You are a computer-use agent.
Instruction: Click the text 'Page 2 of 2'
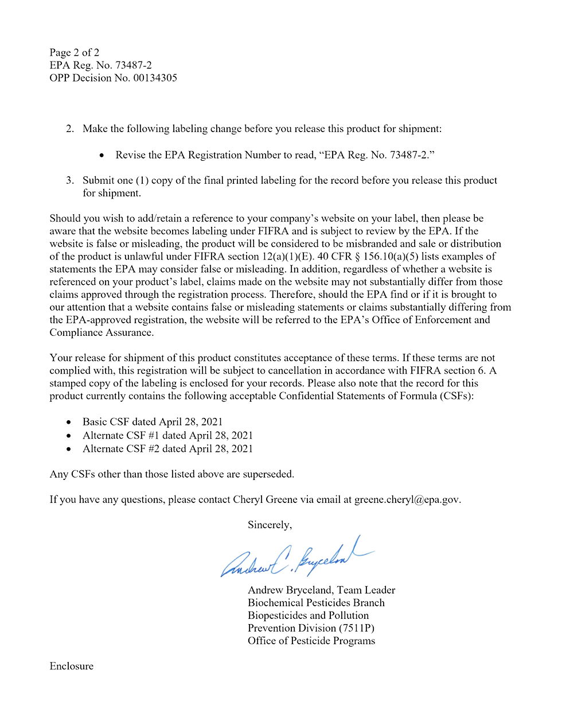click(74, 53)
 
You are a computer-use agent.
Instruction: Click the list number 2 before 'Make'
click(70, 129)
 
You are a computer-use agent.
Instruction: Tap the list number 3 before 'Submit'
click(70, 180)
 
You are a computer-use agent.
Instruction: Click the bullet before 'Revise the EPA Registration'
click(102, 155)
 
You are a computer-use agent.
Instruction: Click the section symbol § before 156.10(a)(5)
click(357, 257)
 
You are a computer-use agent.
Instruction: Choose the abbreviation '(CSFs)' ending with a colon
click(457, 396)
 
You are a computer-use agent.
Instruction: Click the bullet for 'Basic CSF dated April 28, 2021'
click(69, 422)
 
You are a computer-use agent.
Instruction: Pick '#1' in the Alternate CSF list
click(154, 435)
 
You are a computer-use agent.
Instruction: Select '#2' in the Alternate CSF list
click(154, 448)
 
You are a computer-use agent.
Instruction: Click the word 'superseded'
click(268, 474)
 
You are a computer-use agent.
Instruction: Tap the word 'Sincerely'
click(269, 525)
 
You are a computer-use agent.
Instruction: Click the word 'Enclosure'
click(72, 666)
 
